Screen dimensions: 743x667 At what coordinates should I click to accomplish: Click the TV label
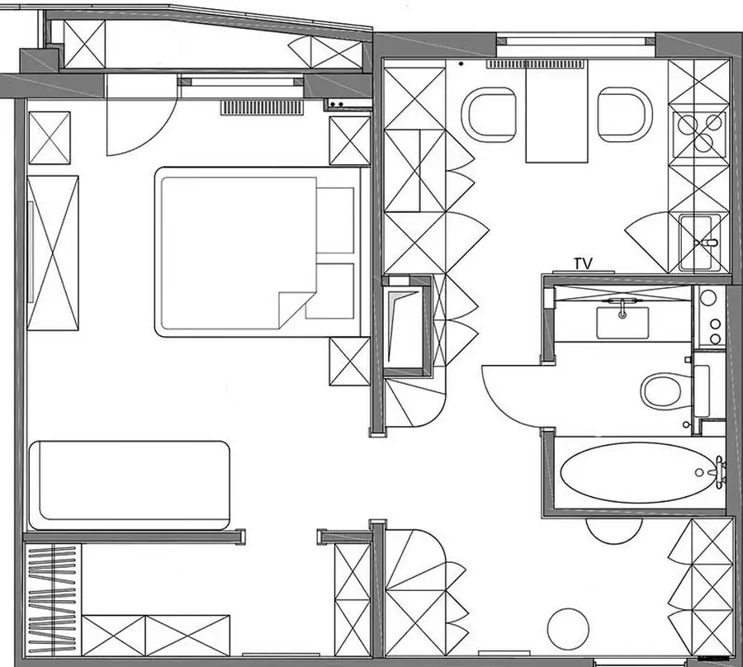(583, 264)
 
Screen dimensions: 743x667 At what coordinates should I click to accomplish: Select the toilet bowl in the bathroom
(665, 390)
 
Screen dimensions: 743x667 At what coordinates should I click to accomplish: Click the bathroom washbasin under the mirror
(622, 322)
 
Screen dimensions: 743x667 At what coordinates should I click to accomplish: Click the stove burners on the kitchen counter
(700, 132)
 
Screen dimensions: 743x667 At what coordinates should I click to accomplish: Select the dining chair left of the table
(491, 115)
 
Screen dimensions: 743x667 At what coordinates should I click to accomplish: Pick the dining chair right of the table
(625, 115)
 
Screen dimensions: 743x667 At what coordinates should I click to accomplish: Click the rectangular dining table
(556, 113)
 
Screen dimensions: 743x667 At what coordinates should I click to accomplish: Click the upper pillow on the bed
(335, 220)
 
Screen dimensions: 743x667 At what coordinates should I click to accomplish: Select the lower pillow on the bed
(335, 291)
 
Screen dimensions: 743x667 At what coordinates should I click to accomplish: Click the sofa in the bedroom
(129, 485)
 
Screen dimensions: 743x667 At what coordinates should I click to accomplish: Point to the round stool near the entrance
(568, 629)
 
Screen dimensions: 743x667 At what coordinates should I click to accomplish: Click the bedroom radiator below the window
(262, 107)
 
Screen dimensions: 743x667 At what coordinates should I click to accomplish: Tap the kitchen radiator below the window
(534, 64)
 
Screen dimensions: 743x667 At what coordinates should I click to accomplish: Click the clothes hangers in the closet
(52, 601)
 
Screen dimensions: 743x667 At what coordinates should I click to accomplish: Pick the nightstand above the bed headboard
(350, 141)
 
